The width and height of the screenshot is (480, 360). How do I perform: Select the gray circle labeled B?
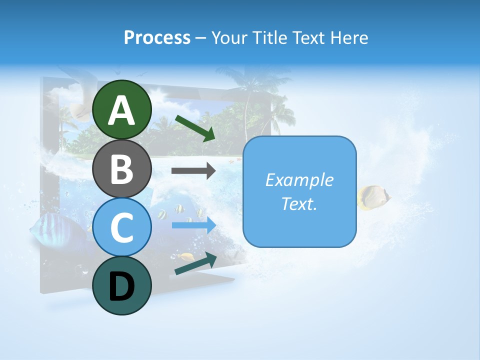(122, 168)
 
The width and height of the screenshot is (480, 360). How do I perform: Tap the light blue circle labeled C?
(122, 227)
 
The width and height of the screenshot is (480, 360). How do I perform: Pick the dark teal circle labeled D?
(122, 285)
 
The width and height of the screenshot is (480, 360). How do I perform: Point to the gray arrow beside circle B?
(193, 170)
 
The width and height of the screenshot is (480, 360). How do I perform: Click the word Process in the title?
(157, 37)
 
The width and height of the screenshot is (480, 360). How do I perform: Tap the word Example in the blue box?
(299, 180)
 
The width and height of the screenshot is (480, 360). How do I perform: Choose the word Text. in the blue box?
(299, 203)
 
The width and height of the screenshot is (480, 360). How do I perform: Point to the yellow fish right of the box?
(374, 197)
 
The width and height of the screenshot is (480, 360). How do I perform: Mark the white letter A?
(122, 110)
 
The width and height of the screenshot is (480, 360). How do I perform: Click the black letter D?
(122, 286)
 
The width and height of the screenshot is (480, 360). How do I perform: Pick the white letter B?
(122, 169)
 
